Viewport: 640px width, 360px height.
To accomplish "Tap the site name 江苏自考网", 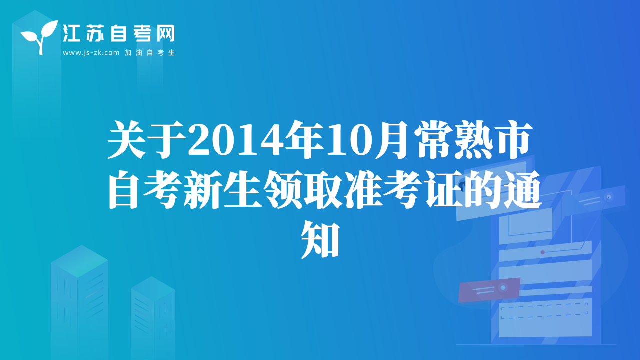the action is [119, 33].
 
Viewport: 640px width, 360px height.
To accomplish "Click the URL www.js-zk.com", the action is [91, 53].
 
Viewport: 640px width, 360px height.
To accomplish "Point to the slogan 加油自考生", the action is [150, 53].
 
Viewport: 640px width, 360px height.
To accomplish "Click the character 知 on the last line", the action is [320, 239].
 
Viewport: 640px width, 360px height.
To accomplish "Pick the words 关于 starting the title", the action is [147, 140].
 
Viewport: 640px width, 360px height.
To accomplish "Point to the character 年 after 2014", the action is [305, 140].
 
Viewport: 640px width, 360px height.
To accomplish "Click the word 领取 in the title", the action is [303, 189].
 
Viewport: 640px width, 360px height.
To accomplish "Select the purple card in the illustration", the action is [489, 290].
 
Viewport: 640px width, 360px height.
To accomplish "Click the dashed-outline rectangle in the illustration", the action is [544, 311].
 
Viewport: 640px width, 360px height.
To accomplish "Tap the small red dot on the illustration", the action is [543, 252].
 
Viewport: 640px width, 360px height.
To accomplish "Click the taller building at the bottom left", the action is [79, 302].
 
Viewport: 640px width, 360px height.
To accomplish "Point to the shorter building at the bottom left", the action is [153, 318].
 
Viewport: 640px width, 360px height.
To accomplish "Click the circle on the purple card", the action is [503, 287].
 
